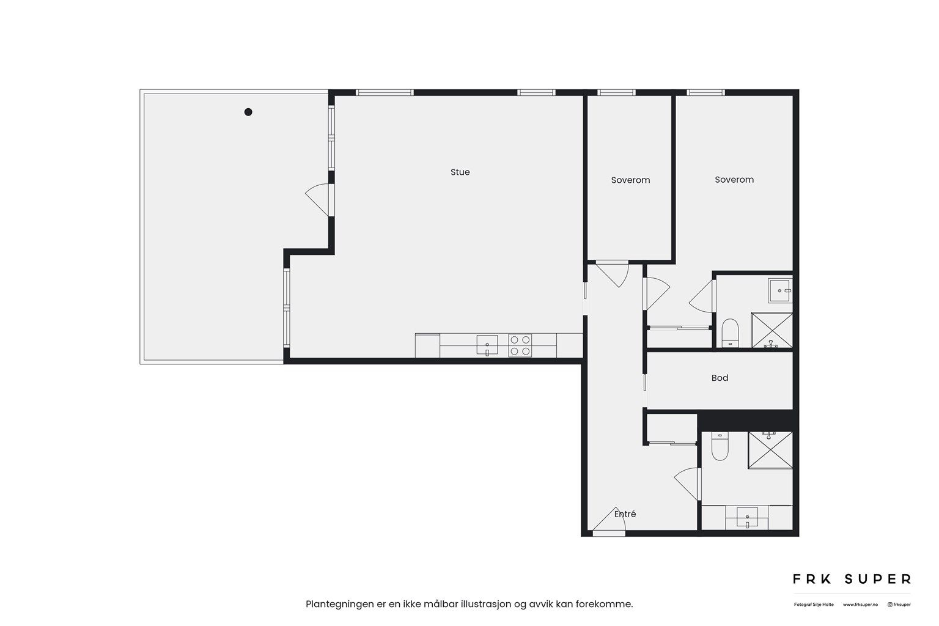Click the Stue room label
tap(460, 172)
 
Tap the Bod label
tap(720, 378)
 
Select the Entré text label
tap(625, 514)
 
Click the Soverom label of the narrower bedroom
tap(630, 180)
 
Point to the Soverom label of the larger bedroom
tap(734, 180)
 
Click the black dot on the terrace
tap(248, 112)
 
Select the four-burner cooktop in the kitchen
tap(520, 345)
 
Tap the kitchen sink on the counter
tap(487, 345)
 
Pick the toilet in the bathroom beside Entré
tap(720, 446)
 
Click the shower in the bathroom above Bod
tap(771, 331)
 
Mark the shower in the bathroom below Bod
tap(770, 450)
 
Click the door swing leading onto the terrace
tap(317, 199)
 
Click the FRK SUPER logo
tap(852, 579)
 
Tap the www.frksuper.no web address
tap(860, 605)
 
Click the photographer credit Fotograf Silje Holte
tap(813, 605)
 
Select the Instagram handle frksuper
tap(899, 605)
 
